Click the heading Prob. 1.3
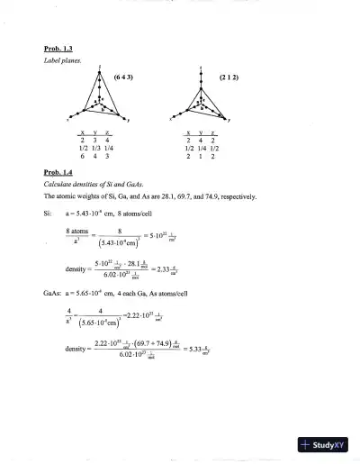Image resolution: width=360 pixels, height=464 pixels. [x=58, y=48]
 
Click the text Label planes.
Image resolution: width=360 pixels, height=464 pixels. [x=60, y=60]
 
